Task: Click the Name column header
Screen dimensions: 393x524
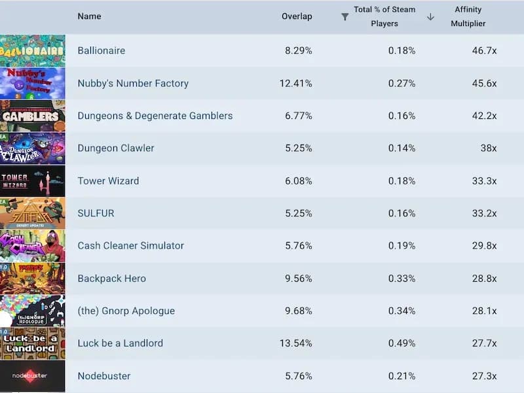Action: (x=89, y=16)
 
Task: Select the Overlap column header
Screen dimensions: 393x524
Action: (x=297, y=16)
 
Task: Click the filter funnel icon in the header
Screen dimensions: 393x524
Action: (x=345, y=17)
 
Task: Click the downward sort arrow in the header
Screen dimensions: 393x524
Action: (x=430, y=17)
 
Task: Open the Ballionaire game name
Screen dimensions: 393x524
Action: (x=101, y=50)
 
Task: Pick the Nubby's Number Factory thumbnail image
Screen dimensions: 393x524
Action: (x=33, y=83)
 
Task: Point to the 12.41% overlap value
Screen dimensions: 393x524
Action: (x=296, y=83)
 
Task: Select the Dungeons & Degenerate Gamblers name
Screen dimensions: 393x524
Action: (x=155, y=116)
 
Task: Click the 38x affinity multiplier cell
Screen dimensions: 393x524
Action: (x=488, y=148)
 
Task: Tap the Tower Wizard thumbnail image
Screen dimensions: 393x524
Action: (x=33, y=180)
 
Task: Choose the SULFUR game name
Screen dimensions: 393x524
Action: (x=96, y=213)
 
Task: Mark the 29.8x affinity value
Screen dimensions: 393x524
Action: (x=484, y=246)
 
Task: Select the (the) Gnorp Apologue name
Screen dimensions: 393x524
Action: (x=126, y=311)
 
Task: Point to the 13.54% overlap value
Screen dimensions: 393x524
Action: (x=296, y=343)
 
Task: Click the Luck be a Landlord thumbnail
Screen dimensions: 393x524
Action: (x=33, y=343)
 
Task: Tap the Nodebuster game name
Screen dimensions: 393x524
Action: (x=103, y=376)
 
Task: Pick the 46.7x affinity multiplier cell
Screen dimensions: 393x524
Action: (x=484, y=50)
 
